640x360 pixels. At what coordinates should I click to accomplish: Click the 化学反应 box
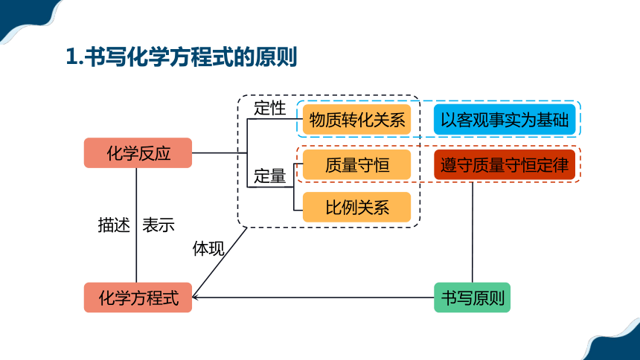point(138,152)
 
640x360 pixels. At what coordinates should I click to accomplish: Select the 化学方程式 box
point(138,298)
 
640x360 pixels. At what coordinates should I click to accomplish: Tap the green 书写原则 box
point(473,298)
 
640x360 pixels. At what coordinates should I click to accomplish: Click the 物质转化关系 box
point(356,120)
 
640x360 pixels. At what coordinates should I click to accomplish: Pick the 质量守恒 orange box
point(356,165)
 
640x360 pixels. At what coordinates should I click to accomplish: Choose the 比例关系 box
point(356,208)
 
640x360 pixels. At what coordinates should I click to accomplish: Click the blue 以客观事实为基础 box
point(505,120)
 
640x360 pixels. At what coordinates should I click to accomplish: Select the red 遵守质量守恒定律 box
point(505,165)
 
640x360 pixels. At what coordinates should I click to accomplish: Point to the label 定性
point(270,108)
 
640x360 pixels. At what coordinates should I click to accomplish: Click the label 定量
point(270,176)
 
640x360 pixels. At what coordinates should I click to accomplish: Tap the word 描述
point(114,225)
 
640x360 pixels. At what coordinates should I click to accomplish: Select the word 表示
point(159,225)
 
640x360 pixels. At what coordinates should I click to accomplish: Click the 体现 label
point(208,248)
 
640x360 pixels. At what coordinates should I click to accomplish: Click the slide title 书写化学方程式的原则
point(191,57)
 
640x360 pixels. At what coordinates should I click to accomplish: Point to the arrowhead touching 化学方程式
point(194,297)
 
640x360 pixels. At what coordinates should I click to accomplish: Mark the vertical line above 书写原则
point(473,232)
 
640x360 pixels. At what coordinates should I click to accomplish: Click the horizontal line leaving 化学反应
point(220,153)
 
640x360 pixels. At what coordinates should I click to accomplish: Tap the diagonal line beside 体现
point(220,262)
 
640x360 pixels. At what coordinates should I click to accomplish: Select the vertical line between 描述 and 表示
point(136,225)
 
